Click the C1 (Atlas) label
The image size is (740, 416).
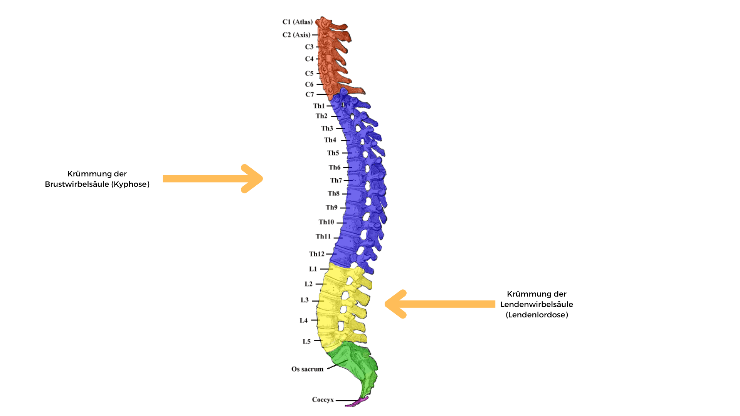point(297,22)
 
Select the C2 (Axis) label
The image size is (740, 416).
point(296,35)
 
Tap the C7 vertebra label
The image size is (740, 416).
point(309,94)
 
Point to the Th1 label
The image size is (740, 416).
point(319,106)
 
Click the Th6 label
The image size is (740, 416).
point(335,168)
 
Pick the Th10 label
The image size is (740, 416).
point(326,222)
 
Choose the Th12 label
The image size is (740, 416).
point(316,254)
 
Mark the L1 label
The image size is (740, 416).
point(313,269)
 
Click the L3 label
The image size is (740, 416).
point(304,300)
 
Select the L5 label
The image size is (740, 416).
point(306,342)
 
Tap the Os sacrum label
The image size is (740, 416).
point(307,369)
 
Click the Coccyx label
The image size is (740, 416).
point(323,400)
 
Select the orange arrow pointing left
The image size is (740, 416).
point(440,304)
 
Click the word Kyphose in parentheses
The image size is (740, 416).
point(131,185)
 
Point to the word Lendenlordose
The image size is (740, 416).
point(536,315)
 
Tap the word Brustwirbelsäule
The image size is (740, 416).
point(77,185)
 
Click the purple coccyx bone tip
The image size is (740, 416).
point(358,402)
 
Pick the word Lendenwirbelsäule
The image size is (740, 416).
point(536,305)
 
